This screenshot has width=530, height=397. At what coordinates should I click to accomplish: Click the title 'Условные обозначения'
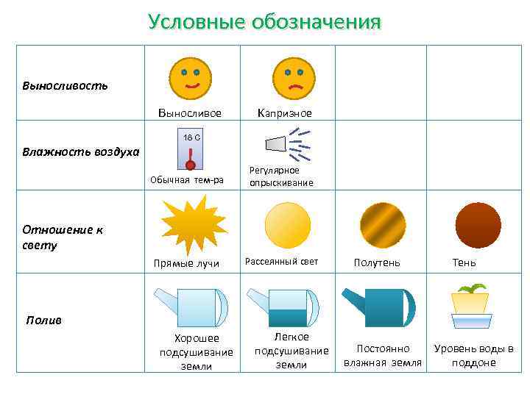(x=264, y=21)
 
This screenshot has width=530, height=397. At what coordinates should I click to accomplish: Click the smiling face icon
(x=190, y=79)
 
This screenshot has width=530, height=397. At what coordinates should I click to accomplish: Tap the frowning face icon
(x=294, y=79)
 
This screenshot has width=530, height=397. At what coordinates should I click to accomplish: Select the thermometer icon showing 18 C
(x=191, y=153)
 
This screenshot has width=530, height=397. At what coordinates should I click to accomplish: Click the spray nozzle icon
(x=287, y=144)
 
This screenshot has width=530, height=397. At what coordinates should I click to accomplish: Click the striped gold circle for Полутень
(x=382, y=224)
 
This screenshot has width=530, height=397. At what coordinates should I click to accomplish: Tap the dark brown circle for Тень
(x=478, y=224)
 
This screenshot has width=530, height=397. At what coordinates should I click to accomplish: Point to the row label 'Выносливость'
(x=65, y=85)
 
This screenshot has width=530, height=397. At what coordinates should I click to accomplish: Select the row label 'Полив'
(x=44, y=321)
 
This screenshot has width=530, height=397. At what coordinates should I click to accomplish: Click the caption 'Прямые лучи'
(x=185, y=263)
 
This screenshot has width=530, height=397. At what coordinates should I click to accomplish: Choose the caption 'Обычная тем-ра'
(x=186, y=180)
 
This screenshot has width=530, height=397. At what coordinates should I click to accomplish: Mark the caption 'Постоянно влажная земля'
(x=383, y=355)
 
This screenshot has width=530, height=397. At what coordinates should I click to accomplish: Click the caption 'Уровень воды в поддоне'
(x=474, y=355)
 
